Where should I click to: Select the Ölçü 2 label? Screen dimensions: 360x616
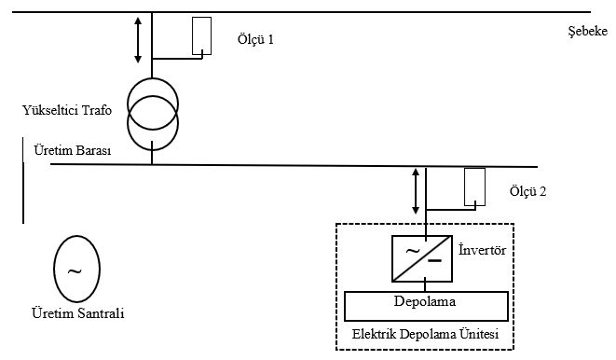click(x=527, y=192)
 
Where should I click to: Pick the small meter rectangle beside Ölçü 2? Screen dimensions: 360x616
click(x=475, y=187)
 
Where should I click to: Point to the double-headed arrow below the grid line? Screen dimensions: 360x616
click(x=139, y=40)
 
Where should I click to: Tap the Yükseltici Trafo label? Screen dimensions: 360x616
click(x=67, y=111)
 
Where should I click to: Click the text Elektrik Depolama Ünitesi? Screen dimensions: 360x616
click(x=426, y=333)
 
